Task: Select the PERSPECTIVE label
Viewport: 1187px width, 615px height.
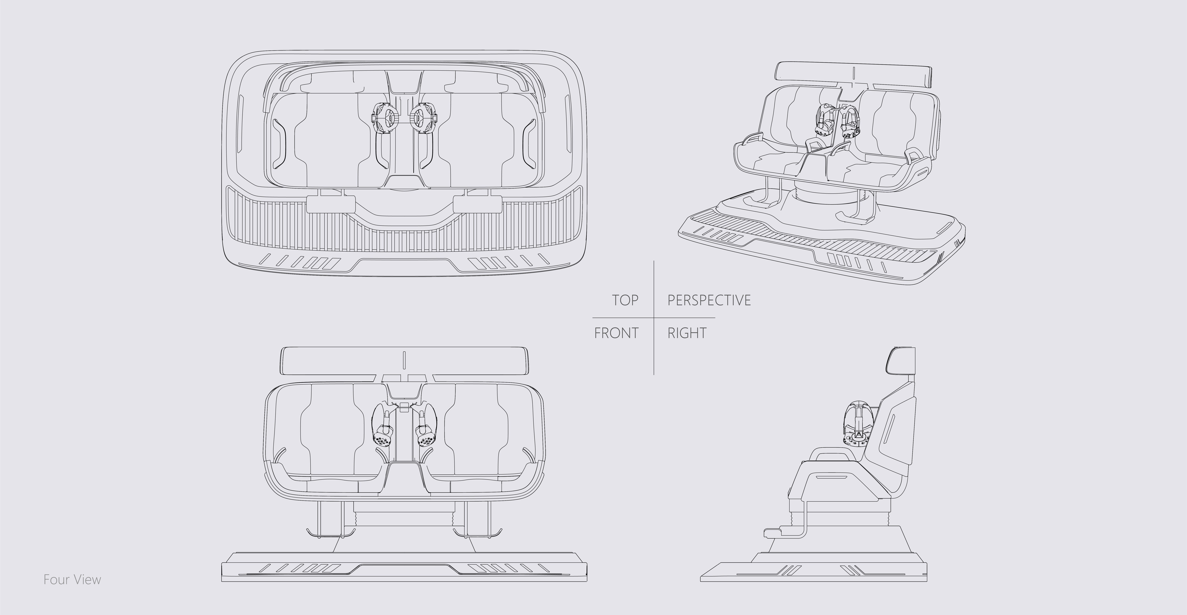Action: [709, 300]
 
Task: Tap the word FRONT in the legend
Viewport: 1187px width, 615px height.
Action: [616, 333]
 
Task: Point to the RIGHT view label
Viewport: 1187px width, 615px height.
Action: [687, 333]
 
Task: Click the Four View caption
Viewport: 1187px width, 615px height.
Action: [72, 580]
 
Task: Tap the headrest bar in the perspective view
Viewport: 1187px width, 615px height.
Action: [853, 74]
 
